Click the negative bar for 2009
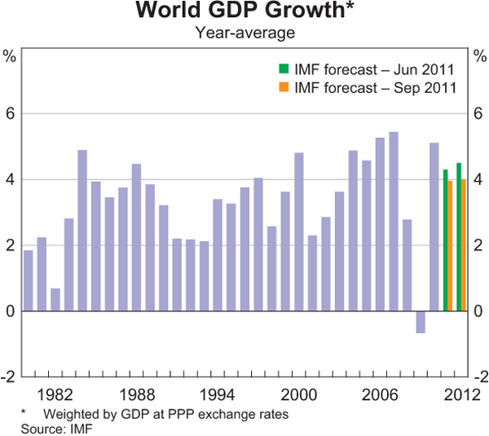click(421, 322)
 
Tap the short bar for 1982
click(55, 299)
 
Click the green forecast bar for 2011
click(445, 240)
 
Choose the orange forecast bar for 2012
click(464, 244)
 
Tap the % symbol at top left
click(10, 56)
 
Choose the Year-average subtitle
click(244, 33)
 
